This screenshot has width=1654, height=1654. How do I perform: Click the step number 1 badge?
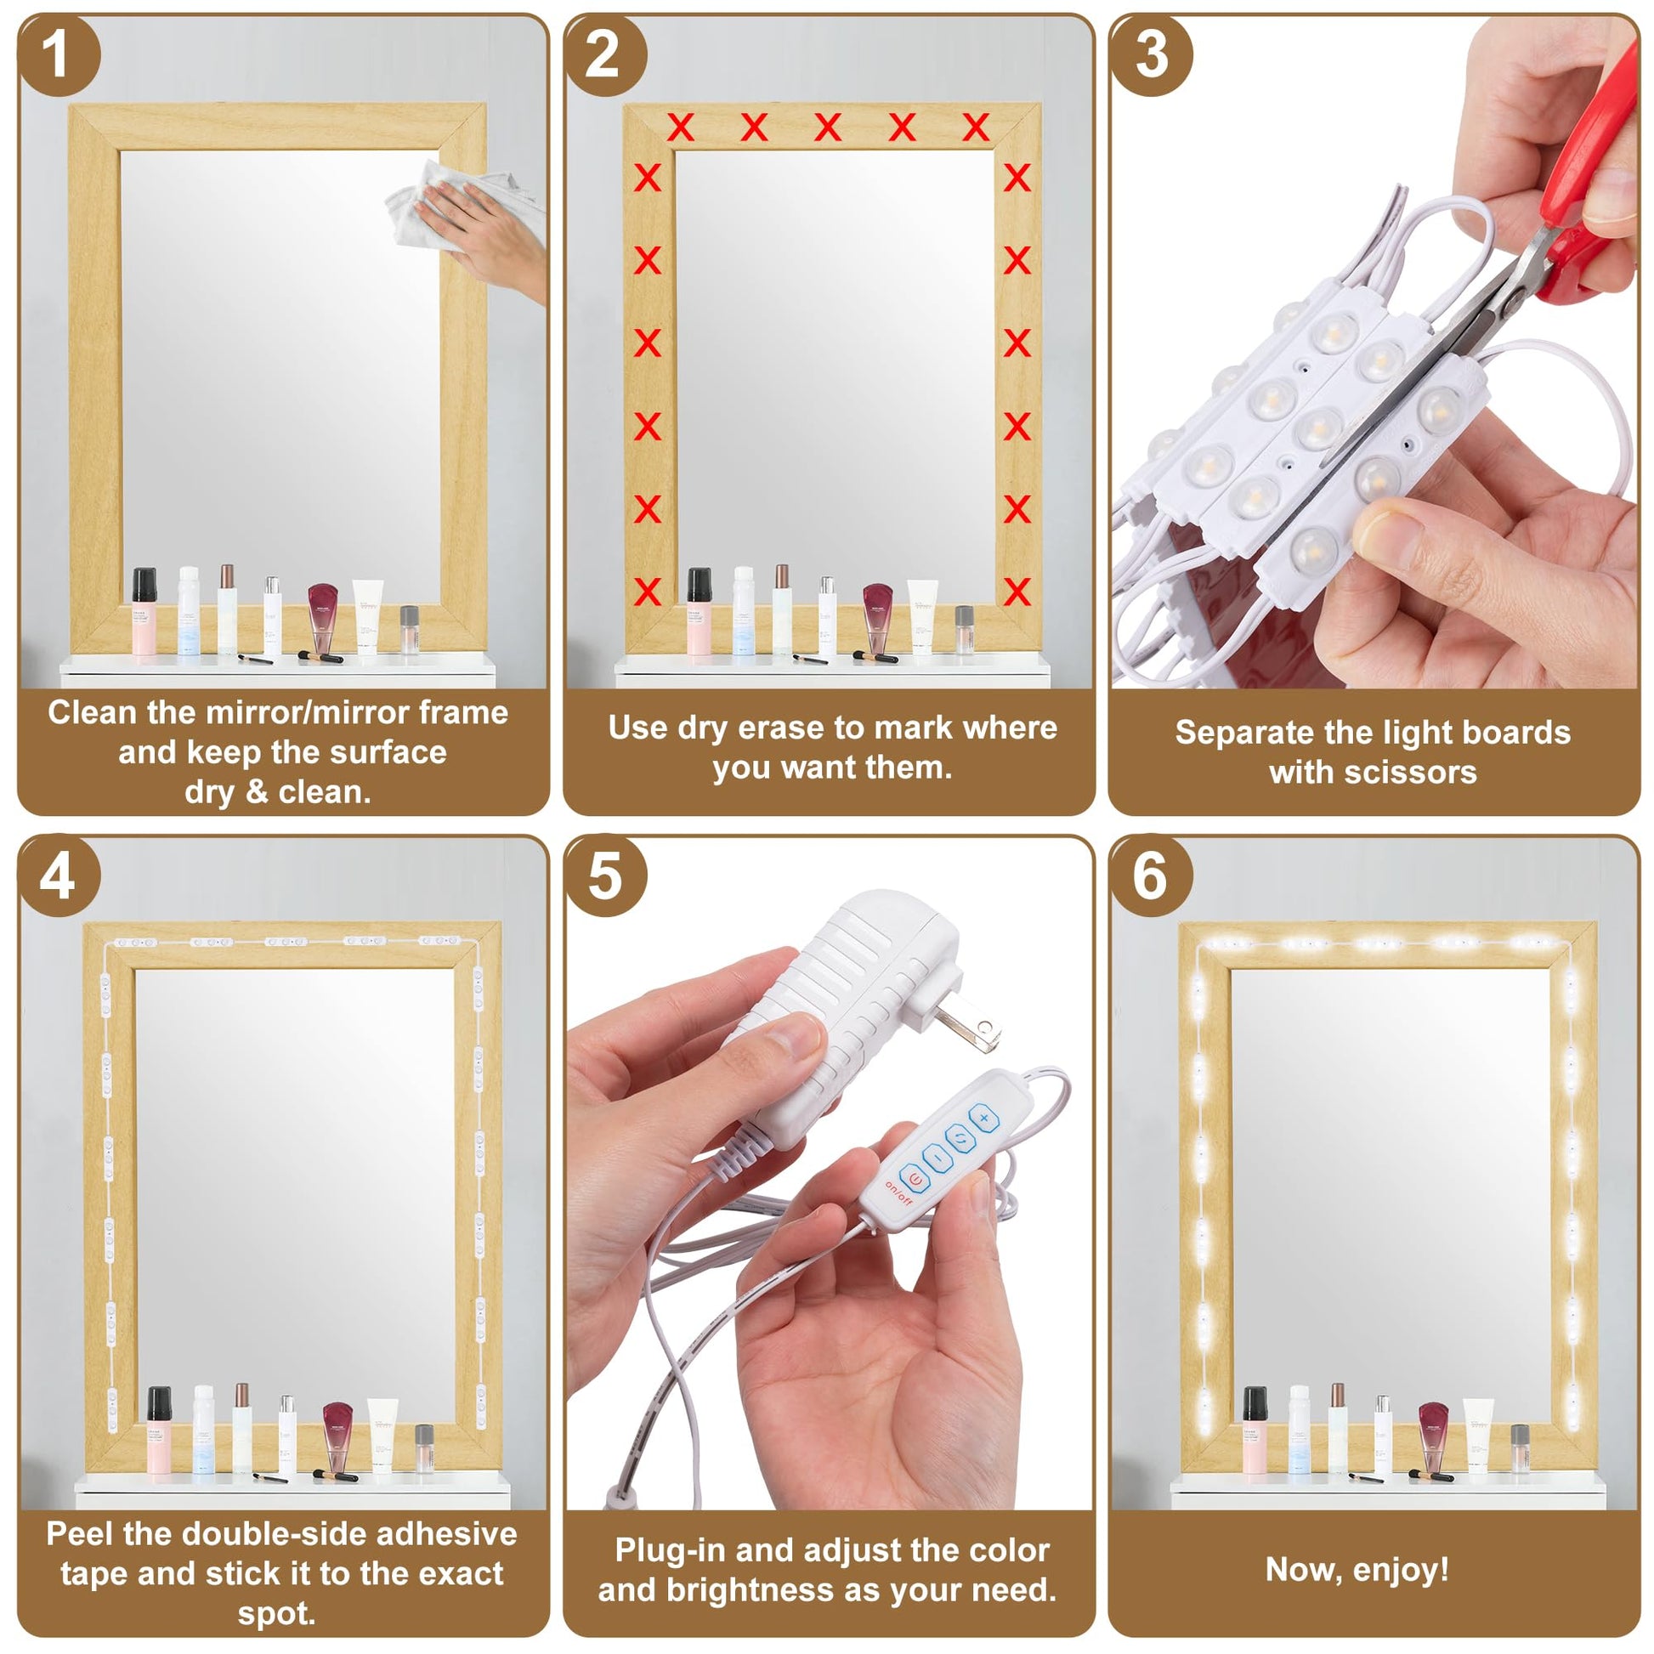coord(56,54)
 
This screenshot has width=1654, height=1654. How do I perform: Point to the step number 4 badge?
coord(56,875)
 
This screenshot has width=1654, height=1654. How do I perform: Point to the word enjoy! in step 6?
coord(1401,1569)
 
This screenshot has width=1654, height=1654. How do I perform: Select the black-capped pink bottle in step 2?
coord(700,610)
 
